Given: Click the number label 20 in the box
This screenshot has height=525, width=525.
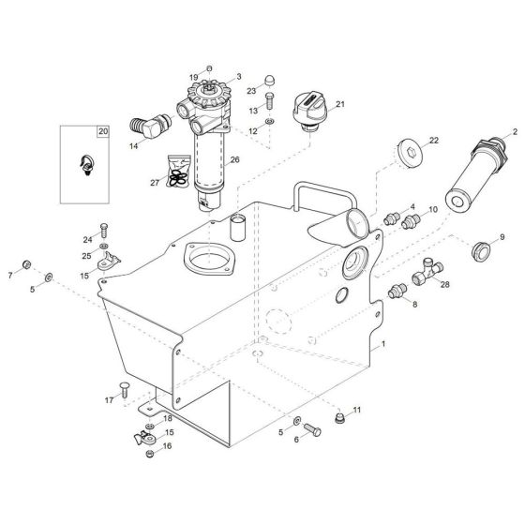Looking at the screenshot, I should [x=102, y=133].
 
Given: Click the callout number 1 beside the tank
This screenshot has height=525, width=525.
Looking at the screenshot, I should [x=382, y=347].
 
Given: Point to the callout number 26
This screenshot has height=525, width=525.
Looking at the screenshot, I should [x=235, y=160].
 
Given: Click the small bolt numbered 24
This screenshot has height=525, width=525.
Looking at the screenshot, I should [x=104, y=227].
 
